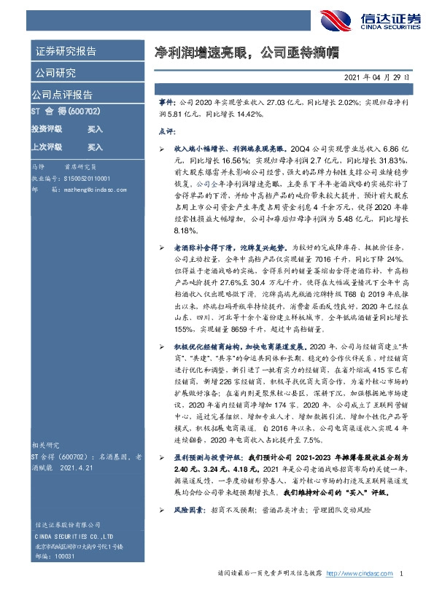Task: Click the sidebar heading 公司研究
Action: tap(55, 74)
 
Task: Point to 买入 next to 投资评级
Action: tap(95, 129)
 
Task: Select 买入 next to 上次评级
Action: tap(95, 147)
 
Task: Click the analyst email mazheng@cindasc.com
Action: tap(77, 188)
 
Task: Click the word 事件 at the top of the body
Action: tap(168, 105)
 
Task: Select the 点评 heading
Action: tap(167, 132)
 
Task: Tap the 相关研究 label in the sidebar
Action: tap(45, 445)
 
